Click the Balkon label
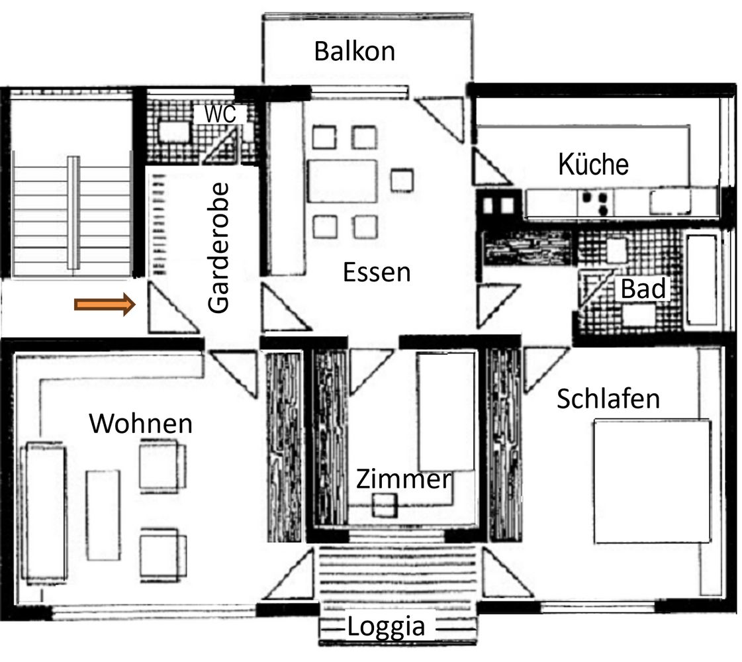coord(354,51)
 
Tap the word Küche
coord(594,164)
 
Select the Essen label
coord(376,272)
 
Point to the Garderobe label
coord(218,248)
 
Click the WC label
coord(220,114)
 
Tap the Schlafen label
coord(608,399)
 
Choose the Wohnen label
coord(140,423)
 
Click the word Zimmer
coord(404,479)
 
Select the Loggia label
coord(386,628)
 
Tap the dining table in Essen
coord(343,181)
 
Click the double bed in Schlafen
coord(653,481)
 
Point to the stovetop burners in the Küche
coord(595,203)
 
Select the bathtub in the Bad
coord(702,280)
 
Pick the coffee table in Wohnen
coord(103,515)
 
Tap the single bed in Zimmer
coord(445,411)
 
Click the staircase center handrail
coord(73,213)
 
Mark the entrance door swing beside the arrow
coord(171,308)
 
